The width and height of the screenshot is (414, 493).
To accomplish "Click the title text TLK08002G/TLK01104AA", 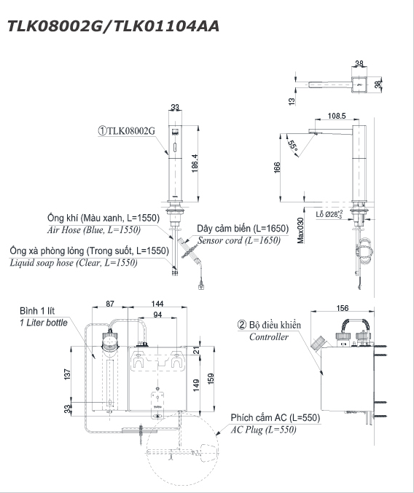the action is (113, 26).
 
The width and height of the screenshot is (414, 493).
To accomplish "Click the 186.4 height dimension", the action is (195, 163).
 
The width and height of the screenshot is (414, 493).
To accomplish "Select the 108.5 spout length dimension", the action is (337, 116).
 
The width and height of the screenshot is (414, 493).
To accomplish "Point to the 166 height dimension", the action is (277, 167).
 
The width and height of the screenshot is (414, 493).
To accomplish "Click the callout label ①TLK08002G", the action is (127, 131).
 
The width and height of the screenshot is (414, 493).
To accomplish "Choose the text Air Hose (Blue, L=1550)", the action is (94, 230).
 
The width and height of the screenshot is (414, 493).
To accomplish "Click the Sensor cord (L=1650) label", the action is (239, 240).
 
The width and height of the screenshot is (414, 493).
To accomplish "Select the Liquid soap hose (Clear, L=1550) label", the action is (74, 263).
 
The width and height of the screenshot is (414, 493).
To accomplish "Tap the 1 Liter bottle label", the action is (44, 323).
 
